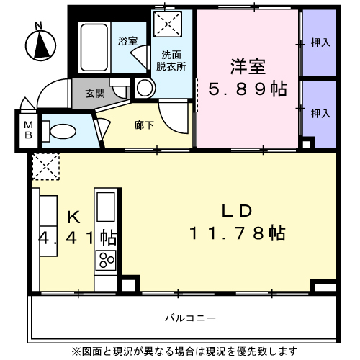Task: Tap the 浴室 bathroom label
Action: click(x=128, y=42)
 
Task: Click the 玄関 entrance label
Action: click(x=94, y=93)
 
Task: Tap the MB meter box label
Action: click(x=29, y=130)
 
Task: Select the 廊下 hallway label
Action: click(x=143, y=124)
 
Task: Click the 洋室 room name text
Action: click(x=248, y=66)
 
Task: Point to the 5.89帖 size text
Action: click(x=248, y=89)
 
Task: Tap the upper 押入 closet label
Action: click(x=320, y=42)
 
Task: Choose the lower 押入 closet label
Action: click(x=320, y=113)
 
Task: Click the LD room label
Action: click(x=235, y=211)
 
